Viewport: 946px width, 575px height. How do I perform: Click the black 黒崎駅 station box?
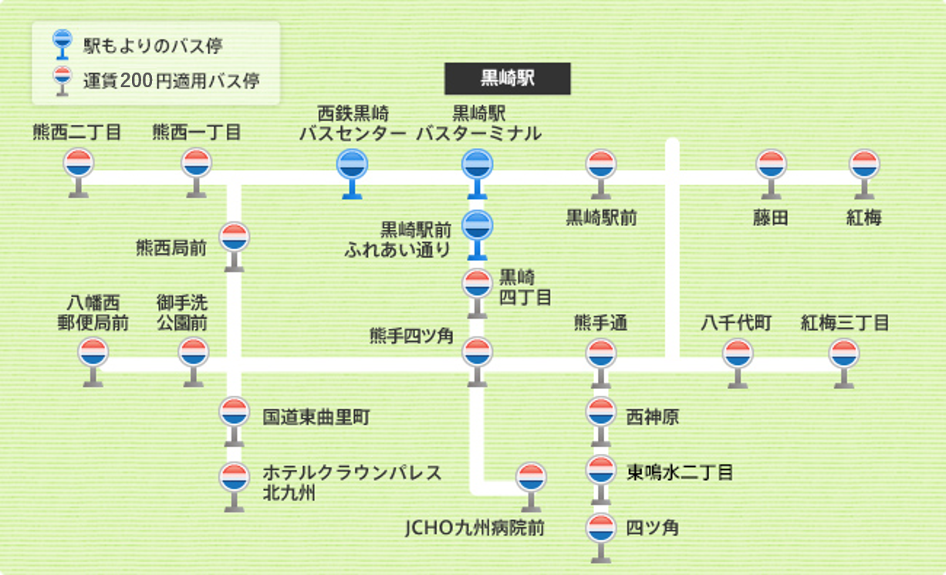[x=507, y=79]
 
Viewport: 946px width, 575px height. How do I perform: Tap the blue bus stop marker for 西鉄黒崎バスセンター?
[x=353, y=165]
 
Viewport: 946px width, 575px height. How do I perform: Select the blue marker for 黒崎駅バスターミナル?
[x=478, y=165]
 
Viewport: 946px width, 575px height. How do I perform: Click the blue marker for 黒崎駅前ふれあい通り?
[x=478, y=226]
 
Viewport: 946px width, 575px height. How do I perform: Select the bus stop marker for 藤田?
[x=771, y=164]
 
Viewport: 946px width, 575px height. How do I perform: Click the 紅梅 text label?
[x=863, y=218]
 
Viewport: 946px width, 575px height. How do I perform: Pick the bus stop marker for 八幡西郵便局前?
[x=93, y=353]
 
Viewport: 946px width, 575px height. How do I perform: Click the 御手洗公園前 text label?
[x=182, y=312]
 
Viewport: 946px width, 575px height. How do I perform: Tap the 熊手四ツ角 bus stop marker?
[x=478, y=353]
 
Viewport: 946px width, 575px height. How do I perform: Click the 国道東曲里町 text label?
[x=316, y=418]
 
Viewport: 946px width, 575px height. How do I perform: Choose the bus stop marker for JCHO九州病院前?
[x=531, y=478]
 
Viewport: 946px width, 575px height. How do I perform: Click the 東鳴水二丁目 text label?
[x=679, y=472]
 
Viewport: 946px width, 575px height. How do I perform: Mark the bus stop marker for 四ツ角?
[x=600, y=529]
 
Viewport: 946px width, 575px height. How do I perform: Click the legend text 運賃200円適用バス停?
[x=171, y=80]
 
